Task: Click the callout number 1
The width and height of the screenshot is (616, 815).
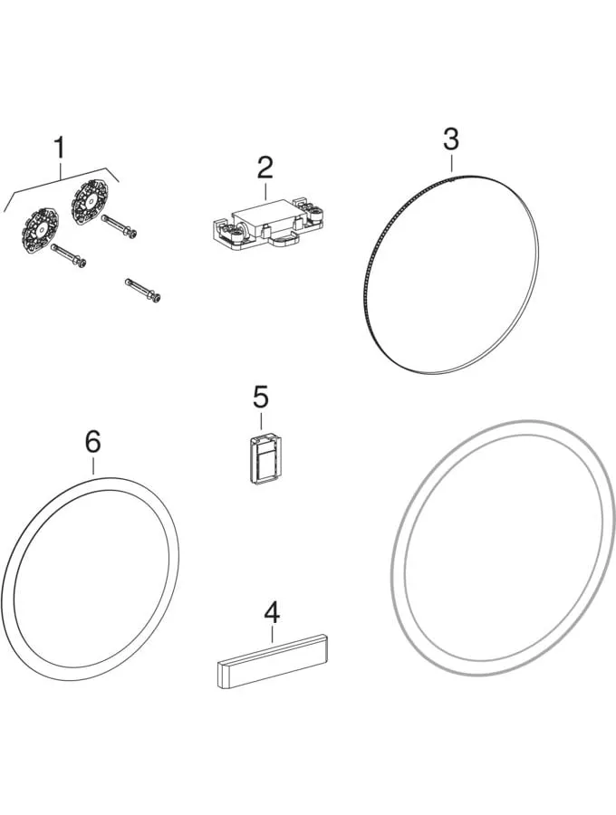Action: pos(61,149)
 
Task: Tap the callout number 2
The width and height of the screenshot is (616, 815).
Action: pos(265,167)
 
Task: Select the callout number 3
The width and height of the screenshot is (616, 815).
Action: pos(451,139)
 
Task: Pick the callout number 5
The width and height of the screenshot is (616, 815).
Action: pos(261,398)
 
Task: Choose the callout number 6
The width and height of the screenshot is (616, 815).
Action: pos(93,442)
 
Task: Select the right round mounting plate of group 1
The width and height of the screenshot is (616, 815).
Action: pos(90,203)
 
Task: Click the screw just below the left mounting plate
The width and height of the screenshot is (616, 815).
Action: pos(69,256)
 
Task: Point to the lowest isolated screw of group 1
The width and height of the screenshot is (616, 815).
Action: pos(143,290)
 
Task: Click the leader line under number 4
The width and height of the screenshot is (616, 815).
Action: pos(273,635)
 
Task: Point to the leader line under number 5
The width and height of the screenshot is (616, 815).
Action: pos(261,421)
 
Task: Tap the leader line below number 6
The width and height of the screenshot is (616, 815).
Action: pos(93,465)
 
